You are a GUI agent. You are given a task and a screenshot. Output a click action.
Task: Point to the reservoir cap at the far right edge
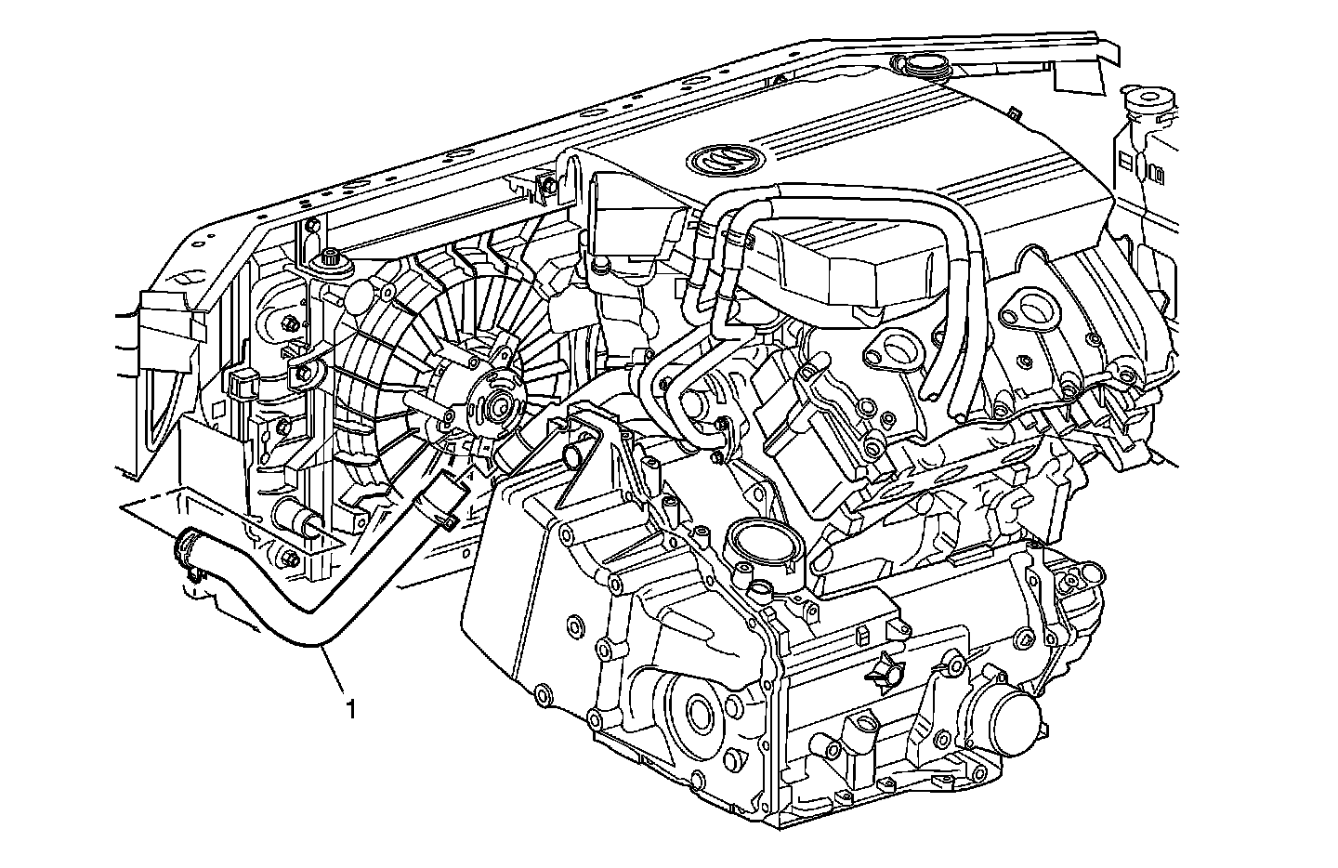1145,97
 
